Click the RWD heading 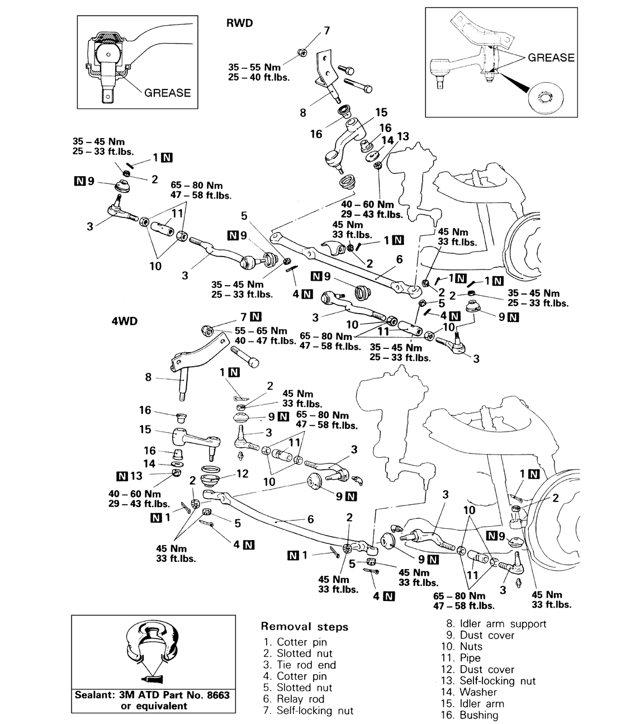(x=239, y=23)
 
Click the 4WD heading (x=124, y=321)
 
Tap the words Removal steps (x=305, y=627)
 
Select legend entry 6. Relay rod (x=293, y=699)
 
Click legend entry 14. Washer (x=471, y=692)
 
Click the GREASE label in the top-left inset (x=167, y=93)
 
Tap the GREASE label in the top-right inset (x=551, y=58)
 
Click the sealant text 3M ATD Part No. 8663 (x=152, y=695)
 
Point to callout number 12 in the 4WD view (x=242, y=474)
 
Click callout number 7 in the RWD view (x=327, y=31)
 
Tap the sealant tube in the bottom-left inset (x=150, y=679)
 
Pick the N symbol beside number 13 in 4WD (x=121, y=476)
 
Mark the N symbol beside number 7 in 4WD (x=255, y=316)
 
